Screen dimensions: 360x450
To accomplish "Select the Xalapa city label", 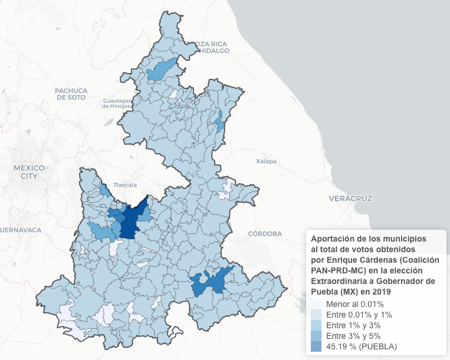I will (x=266, y=161).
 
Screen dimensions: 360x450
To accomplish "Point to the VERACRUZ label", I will (x=351, y=199).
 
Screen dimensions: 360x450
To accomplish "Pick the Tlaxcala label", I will (x=124, y=184).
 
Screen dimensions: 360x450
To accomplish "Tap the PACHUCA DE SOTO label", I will (x=71, y=94).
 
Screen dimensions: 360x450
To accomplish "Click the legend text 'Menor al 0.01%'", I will (x=355, y=304).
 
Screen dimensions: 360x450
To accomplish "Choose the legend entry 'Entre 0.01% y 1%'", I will (x=359, y=315).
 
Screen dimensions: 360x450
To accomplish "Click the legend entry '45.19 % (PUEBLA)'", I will (x=362, y=346).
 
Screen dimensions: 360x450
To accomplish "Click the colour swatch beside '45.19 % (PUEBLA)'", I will (x=316, y=346).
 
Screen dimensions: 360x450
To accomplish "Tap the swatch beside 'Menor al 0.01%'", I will (x=316, y=304).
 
